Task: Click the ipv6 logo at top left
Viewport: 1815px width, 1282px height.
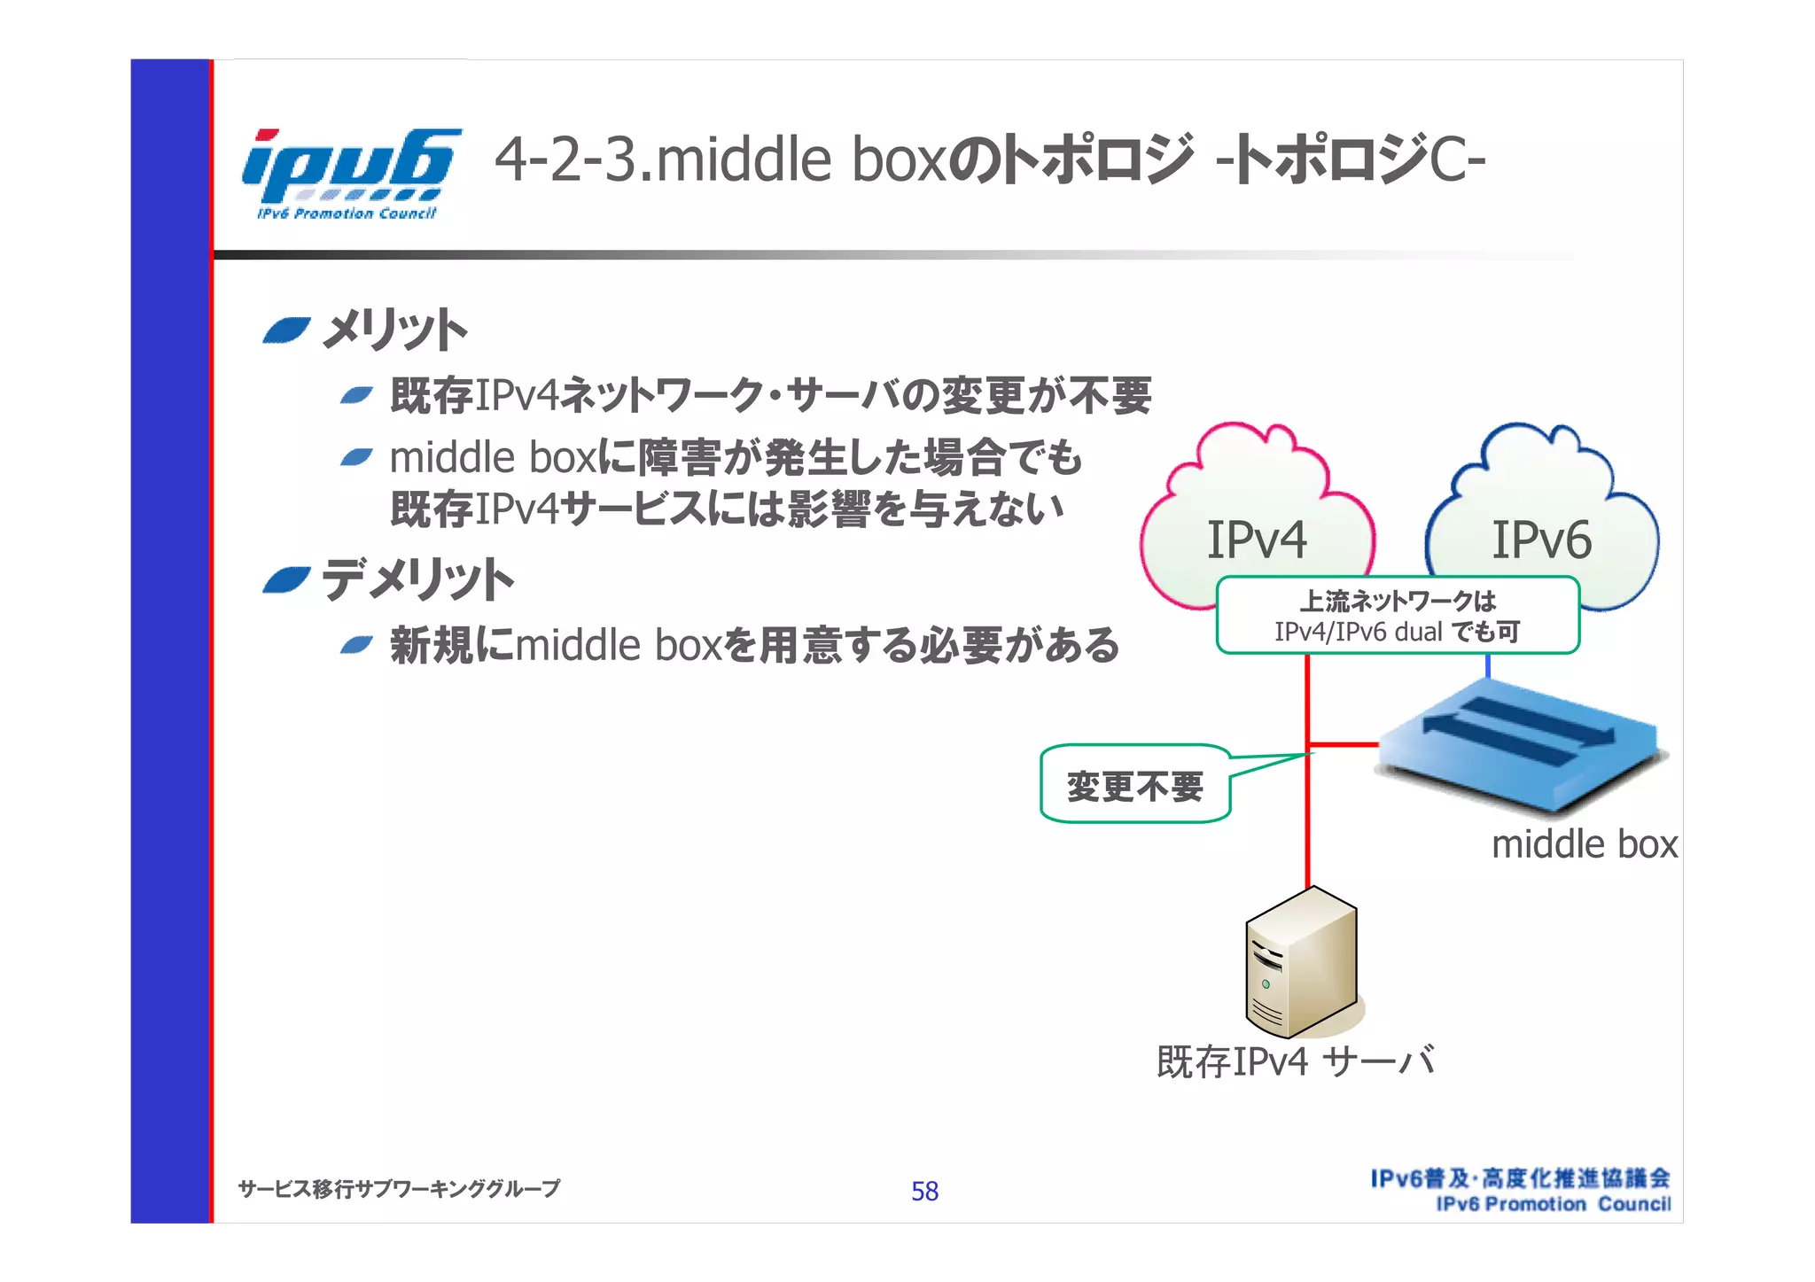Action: pyautogui.click(x=350, y=173)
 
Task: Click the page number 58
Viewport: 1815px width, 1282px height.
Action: pyautogui.click(x=924, y=1192)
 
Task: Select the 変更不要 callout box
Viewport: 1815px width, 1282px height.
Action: pyautogui.click(x=1135, y=785)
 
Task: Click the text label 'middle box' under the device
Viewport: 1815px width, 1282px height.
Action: pyautogui.click(x=1584, y=844)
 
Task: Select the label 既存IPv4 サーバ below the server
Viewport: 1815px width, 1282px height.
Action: pyautogui.click(x=1296, y=1061)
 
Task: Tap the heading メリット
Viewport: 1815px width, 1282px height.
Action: pyautogui.click(x=393, y=330)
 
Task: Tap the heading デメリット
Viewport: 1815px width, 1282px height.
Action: pyautogui.click(x=417, y=580)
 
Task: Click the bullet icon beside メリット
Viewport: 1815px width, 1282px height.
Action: pyautogui.click(x=287, y=331)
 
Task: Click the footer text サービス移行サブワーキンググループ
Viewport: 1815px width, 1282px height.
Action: pyautogui.click(x=399, y=1188)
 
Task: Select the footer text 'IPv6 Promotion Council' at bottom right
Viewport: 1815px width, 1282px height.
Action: pyautogui.click(x=1553, y=1204)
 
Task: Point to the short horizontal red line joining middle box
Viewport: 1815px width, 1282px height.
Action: pyautogui.click(x=1342, y=744)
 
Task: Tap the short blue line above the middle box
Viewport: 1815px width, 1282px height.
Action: pyautogui.click(x=1487, y=666)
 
